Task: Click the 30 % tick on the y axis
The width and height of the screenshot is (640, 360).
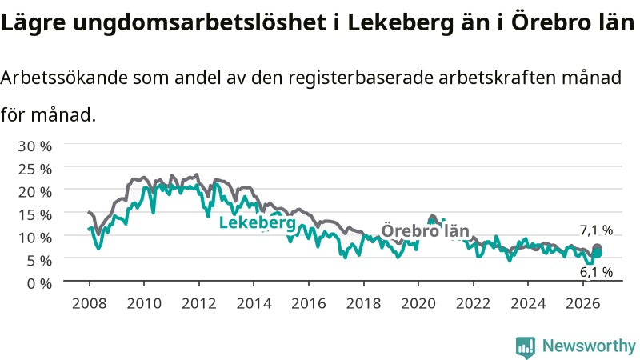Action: (x=34, y=146)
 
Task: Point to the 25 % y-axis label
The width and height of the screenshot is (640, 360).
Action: (x=34, y=169)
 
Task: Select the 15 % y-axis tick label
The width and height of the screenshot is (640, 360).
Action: (x=34, y=214)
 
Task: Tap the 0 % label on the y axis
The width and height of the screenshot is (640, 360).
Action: (x=39, y=283)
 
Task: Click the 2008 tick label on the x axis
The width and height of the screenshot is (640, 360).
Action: (x=89, y=304)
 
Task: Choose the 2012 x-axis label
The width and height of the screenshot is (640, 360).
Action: (x=198, y=304)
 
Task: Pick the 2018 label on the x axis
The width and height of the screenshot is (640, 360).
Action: (x=363, y=304)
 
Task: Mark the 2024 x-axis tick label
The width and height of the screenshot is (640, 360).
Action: (x=528, y=304)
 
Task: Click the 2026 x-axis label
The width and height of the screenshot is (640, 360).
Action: (x=583, y=304)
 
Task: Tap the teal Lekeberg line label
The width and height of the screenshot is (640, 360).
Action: (x=257, y=223)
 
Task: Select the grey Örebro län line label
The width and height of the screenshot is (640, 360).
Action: (x=425, y=231)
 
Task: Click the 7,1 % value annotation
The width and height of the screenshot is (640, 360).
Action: (x=596, y=230)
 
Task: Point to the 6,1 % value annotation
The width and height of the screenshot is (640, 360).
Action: (x=596, y=272)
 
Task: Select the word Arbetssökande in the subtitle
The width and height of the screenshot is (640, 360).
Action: (x=64, y=78)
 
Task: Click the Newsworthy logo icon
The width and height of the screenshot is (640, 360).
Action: (x=526, y=347)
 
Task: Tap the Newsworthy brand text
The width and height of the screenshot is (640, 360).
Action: (x=589, y=346)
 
